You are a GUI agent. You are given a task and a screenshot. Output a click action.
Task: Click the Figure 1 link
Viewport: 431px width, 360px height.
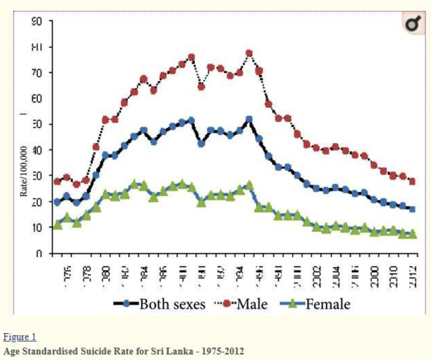(x=20, y=337)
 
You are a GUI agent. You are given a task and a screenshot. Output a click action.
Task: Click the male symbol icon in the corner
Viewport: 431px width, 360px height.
(x=412, y=24)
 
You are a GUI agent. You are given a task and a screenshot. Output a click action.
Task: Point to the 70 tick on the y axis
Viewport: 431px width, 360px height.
(x=38, y=73)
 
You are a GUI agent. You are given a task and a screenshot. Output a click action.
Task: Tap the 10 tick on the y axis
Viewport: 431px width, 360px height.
(x=38, y=228)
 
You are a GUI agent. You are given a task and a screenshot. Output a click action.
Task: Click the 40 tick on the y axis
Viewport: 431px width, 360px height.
(x=38, y=150)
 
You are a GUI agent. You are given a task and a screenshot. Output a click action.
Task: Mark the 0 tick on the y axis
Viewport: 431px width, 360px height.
(x=39, y=253)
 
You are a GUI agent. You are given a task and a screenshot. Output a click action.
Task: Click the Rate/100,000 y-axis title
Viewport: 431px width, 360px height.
(x=23, y=172)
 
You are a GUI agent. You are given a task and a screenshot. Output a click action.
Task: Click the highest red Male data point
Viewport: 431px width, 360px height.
(x=249, y=54)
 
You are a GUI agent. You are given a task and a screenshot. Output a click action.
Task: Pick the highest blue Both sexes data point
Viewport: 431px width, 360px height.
(x=249, y=119)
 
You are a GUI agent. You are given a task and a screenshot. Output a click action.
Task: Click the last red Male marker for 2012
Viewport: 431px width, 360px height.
(x=412, y=181)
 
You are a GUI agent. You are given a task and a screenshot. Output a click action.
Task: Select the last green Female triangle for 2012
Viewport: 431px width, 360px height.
(x=412, y=234)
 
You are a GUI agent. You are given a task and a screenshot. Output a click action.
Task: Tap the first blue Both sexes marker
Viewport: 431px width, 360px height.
(x=57, y=202)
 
